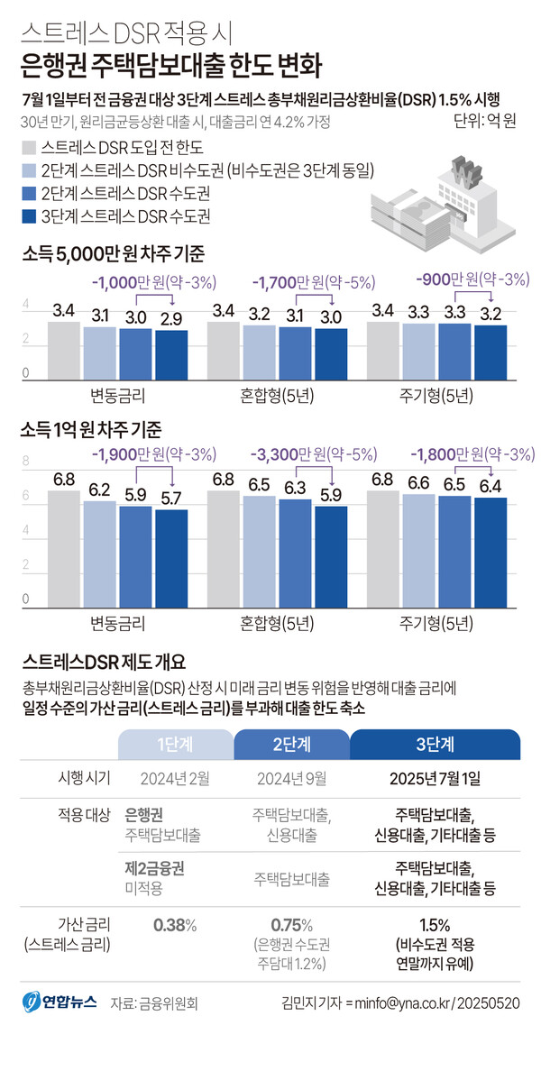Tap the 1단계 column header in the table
174,744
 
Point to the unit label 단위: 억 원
482,121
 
